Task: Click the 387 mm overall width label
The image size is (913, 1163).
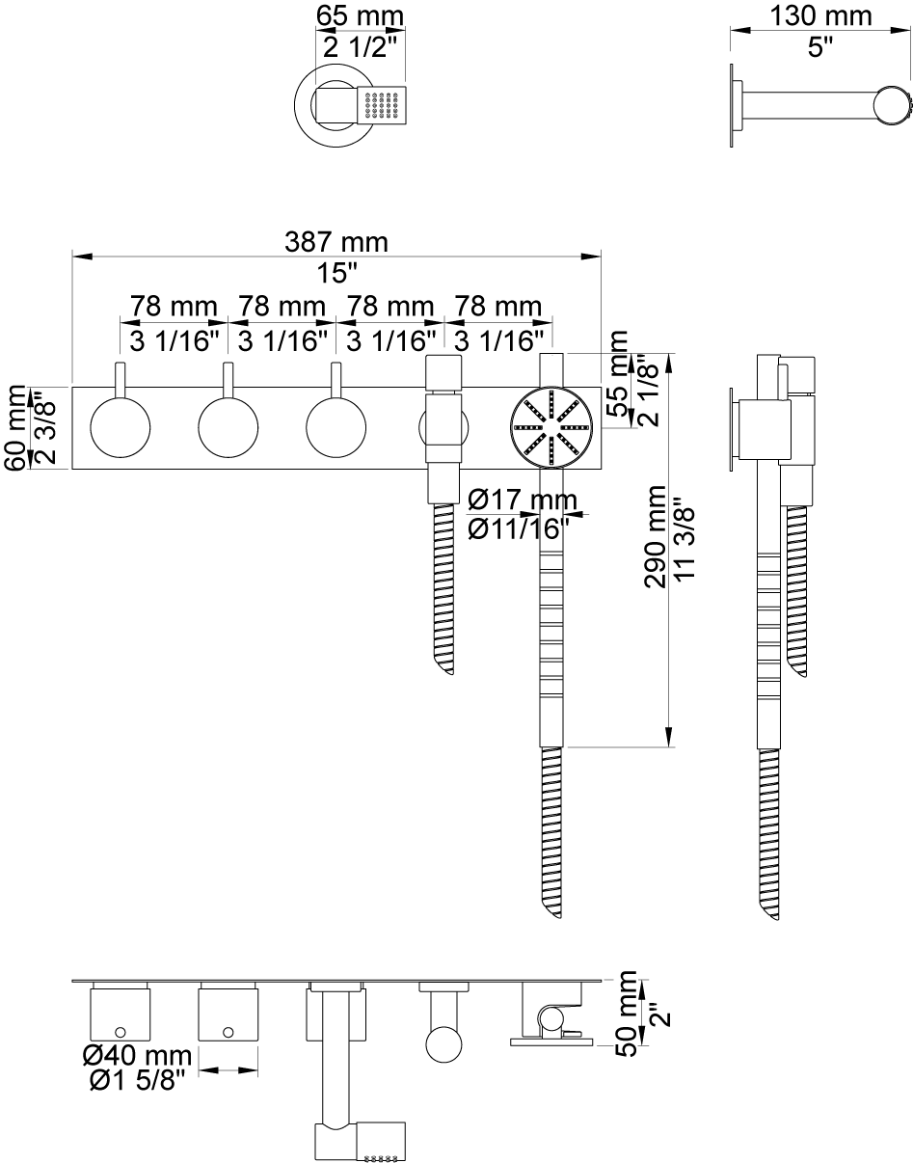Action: [x=336, y=242]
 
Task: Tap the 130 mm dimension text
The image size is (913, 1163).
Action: [x=820, y=16]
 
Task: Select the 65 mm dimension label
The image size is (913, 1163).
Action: [x=360, y=16]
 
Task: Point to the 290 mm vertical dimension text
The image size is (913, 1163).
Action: [x=656, y=537]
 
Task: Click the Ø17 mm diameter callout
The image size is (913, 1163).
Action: [x=523, y=500]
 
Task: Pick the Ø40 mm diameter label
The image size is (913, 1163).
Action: [x=138, y=1056]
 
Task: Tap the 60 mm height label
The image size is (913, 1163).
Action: [x=14, y=427]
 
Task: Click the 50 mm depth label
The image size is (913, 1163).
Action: [x=627, y=1014]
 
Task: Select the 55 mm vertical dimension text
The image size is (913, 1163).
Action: [x=618, y=373]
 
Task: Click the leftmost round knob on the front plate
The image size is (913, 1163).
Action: [x=121, y=427]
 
